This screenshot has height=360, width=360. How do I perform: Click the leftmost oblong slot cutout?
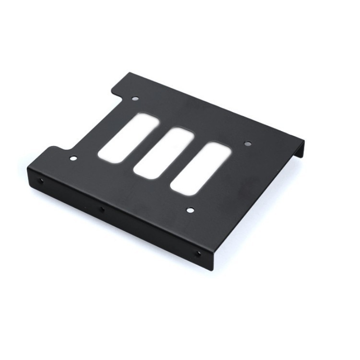[128, 137]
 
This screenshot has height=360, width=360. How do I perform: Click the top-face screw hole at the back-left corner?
[135, 98]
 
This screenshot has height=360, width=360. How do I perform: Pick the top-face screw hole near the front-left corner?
[73, 158]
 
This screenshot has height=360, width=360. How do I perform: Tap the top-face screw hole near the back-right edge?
[248, 143]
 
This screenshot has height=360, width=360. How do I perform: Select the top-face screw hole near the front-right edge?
[190, 210]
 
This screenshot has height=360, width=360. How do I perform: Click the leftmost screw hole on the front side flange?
[41, 181]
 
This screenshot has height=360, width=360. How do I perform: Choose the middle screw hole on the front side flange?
[101, 209]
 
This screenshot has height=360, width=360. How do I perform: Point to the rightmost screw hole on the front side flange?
[198, 253]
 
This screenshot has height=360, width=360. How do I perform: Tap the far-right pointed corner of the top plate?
[303, 140]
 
